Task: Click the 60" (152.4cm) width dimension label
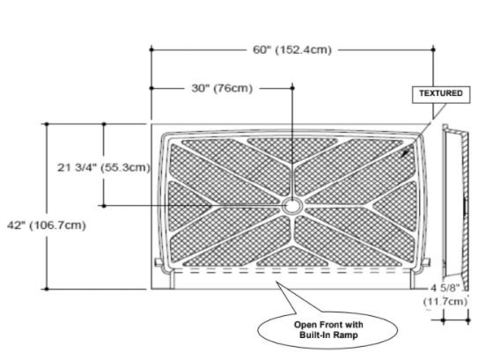[292, 50]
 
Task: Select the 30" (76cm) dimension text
[222, 88]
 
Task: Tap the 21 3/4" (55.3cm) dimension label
[104, 167]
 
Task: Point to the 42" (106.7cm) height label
[47, 225]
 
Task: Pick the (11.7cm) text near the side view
[445, 301]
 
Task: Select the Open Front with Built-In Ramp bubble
[328, 330]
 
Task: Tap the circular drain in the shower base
[291, 206]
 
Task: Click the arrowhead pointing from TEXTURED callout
[405, 153]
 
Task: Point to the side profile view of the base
[455, 207]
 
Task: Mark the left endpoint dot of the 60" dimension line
[151, 49]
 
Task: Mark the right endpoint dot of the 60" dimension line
[433, 49]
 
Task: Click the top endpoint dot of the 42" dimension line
[47, 124]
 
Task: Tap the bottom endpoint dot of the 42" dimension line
[47, 289]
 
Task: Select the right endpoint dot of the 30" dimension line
[292, 88]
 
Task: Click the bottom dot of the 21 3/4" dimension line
[104, 206]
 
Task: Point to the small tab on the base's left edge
[158, 262]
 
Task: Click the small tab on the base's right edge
[426, 262]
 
